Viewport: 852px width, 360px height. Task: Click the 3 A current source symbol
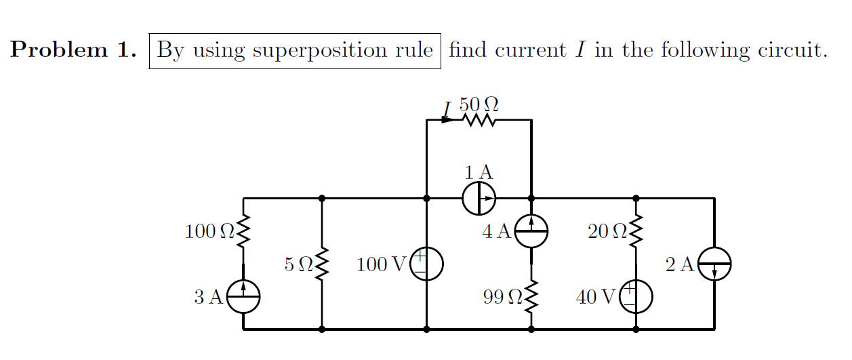[x=243, y=297]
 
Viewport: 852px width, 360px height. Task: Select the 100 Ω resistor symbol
[x=243, y=231]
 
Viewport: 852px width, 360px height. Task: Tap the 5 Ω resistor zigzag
[x=322, y=264]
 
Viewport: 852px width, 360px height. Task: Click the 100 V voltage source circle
[x=426, y=264]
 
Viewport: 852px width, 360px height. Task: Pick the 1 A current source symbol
[x=479, y=199]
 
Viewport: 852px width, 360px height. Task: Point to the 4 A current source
[x=531, y=232]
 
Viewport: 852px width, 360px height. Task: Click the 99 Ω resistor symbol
[x=531, y=296]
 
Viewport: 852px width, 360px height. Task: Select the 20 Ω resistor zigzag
[x=636, y=231]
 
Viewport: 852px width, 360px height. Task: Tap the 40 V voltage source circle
[x=636, y=297]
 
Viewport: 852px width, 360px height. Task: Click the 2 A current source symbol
[x=714, y=264]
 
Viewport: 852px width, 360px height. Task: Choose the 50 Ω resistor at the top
[x=480, y=120]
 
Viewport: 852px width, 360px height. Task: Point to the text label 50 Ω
[x=479, y=104]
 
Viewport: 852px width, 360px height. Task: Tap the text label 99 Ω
[x=502, y=297]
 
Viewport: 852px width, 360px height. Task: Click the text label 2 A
[x=680, y=264]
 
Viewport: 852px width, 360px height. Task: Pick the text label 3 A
[x=208, y=297]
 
